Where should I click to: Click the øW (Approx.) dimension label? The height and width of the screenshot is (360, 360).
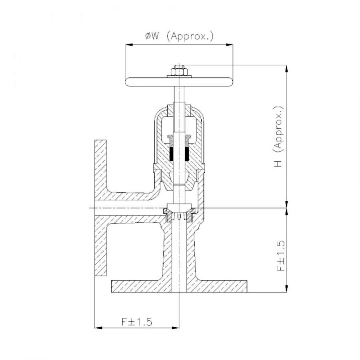[x=179, y=36]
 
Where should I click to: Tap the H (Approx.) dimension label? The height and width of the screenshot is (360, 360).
[x=279, y=137]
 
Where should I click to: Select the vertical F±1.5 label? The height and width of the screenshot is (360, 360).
[x=281, y=256]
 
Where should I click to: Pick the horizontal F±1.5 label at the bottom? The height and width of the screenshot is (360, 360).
[x=137, y=322]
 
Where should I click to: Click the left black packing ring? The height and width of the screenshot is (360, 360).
[x=171, y=154]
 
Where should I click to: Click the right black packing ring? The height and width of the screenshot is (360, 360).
[x=187, y=154]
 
